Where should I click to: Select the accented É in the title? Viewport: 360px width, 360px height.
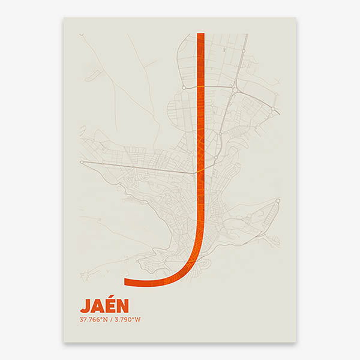point(111,305)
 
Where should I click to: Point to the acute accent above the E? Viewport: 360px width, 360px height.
point(112,296)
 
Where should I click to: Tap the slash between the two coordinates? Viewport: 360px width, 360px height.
point(111,319)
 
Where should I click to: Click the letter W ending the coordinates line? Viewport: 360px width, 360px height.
point(138,319)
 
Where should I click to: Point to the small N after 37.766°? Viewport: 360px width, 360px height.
point(105,319)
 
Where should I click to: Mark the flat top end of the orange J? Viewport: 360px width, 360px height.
point(200,34)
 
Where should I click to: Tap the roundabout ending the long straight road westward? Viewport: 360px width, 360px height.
point(82,162)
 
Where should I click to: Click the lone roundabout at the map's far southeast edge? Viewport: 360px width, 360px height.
point(278,201)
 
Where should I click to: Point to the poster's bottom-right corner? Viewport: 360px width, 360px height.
point(296,342)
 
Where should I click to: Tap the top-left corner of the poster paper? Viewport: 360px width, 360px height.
point(64,17)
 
